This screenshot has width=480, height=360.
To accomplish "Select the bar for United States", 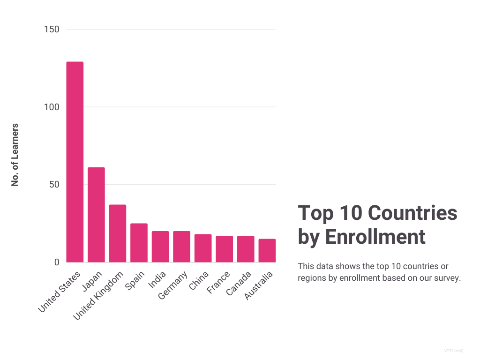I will pyautogui.click(x=75, y=162).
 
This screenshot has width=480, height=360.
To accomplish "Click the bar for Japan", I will pyautogui.click(x=96, y=215).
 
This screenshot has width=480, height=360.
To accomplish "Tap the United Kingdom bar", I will pyautogui.click(x=118, y=233).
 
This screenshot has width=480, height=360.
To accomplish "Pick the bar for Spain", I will pyautogui.click(x=139, y=243).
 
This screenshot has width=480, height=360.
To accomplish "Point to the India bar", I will pyautogui.click(x=160, y=247).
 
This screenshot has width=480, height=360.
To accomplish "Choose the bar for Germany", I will pyautogui.click(x=181, y=247).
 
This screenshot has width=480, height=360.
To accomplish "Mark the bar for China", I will pyautogui.click(x=203, y=248).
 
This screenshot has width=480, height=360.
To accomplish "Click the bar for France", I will pyautogui.click(x=224, y=249).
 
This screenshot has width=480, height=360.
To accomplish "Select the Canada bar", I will pyautogui.click(x=246, y=249).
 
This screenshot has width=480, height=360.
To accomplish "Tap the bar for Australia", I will pyautogui.click(x=267, y=250).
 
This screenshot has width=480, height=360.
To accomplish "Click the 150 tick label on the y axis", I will pyautogui.click(x=52, y=30).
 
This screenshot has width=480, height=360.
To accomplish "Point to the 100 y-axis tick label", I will pyautogui.click(x=52, y=107).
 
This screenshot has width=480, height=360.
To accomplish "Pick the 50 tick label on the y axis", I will pyautogui.click(x=54, y=185).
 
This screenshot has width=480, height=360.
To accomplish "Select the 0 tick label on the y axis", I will pyautogui.click(x=57, y=262).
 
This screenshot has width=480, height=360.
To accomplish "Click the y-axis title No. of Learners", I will pyautogui.click(x=15, y=155).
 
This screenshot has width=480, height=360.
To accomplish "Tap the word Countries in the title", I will pyautogui.click(x=412, y=213).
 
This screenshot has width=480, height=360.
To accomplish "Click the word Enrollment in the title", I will pyautogui.click(x=375, y=237).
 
